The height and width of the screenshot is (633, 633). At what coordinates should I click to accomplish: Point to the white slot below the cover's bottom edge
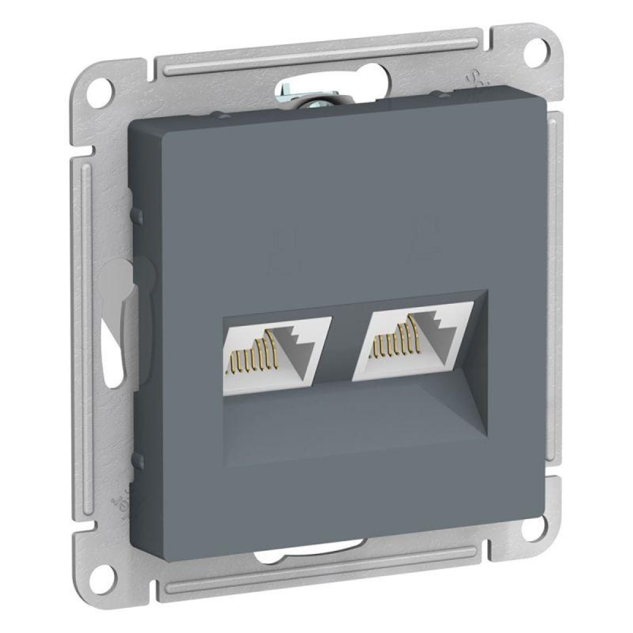[311, 567]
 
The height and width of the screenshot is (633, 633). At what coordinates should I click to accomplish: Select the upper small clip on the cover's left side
[139, 216]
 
